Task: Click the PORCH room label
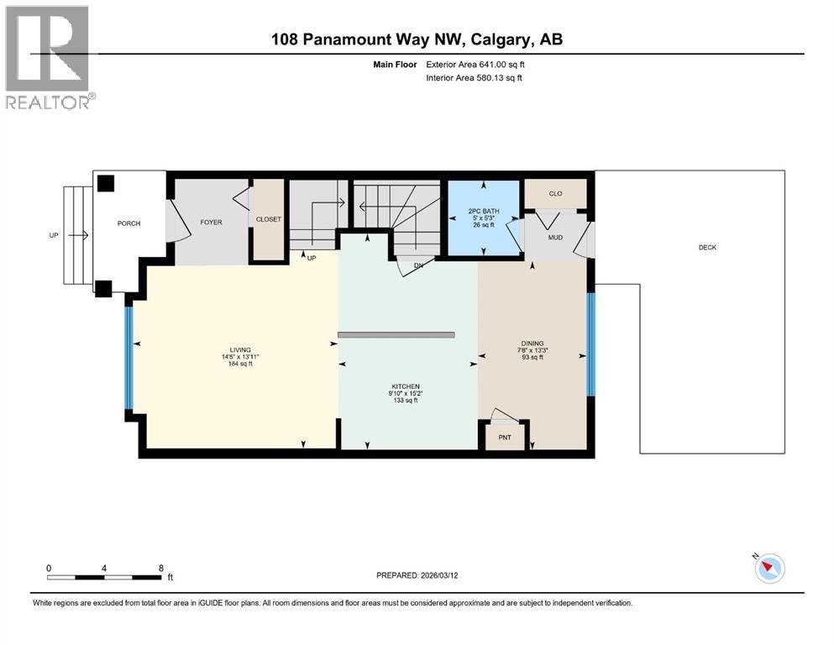click(x=129, y=223)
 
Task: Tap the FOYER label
click(x=210, y=223)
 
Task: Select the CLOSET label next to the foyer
click(x=269, y=219)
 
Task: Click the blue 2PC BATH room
click(x=482, y=217)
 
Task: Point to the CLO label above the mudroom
click(x=554, y=194)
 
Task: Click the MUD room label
click(x=554, y=238)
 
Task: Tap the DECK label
click(x=707, y=248)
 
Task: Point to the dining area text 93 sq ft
click(x=532, y=357)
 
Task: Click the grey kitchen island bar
click(x=396, y=334)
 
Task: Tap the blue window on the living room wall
click(x=129, y=357)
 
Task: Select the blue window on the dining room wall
click(x=590, y=343)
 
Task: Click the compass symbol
click(x=769, y=569)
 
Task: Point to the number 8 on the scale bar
click(x=160, y=569)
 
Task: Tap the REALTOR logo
click(x=49, y=57)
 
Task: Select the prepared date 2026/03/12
click(x=448, y=575)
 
